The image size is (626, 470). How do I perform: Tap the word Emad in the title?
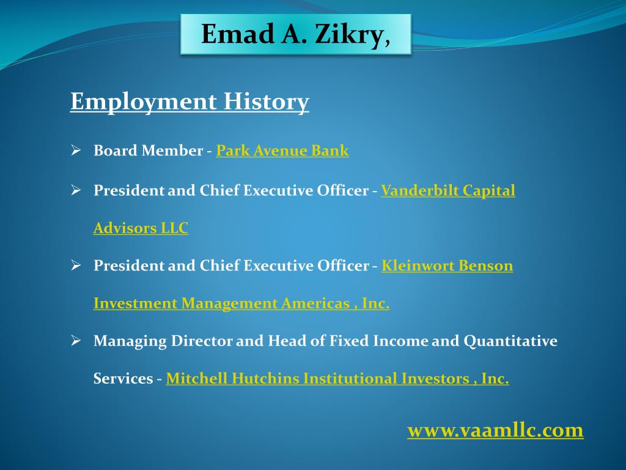pos(236,34)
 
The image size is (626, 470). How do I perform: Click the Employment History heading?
pos(190,102)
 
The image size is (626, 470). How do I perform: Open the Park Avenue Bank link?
pos(282,151)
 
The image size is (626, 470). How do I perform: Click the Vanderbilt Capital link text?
pos(448,191)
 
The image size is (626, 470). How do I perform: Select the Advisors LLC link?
pos(141,228)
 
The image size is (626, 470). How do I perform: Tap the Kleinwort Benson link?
pos(447,266)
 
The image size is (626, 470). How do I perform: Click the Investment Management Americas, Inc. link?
pos(241,304)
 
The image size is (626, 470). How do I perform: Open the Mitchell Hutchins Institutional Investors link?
pos(337,379)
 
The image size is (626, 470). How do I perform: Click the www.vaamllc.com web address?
pos(495,430)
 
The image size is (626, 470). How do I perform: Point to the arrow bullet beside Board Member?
pos(76,150)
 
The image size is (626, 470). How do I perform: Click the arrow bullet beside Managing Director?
pos(76,340)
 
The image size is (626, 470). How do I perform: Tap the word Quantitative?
pos(510,341)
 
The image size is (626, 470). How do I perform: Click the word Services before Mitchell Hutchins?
pos(123,379)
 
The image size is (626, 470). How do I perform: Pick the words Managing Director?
pos(163,341)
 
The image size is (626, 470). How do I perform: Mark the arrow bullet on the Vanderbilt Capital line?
pos(76,190)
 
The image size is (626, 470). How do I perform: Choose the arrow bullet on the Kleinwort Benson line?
pos(76,266)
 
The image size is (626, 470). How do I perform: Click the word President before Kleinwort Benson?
pos(128,266)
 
